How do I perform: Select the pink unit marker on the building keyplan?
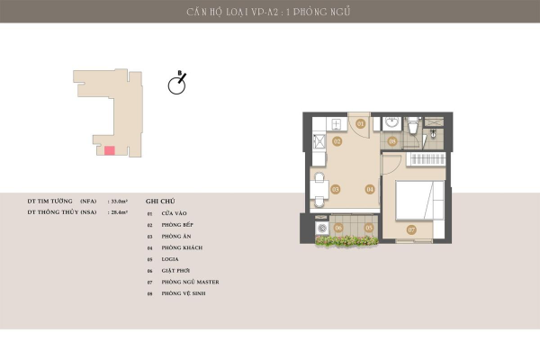[109, 150]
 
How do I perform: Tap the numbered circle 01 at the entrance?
[360, 123]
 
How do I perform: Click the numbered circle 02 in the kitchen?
[337, 141]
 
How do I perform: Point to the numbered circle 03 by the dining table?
[335, 190]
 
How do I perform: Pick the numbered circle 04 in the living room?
[369, 190]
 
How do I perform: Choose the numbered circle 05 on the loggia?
[369, 228]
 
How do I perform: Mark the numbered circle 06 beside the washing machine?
[338, 228]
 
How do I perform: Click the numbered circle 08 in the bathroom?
[392, 141]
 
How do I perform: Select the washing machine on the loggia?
[320, 229]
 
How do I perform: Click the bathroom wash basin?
[391, 123]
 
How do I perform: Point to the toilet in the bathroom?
[411, 126]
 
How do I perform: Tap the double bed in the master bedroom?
[418, 197]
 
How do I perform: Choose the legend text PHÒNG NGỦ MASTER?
[190, 282]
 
